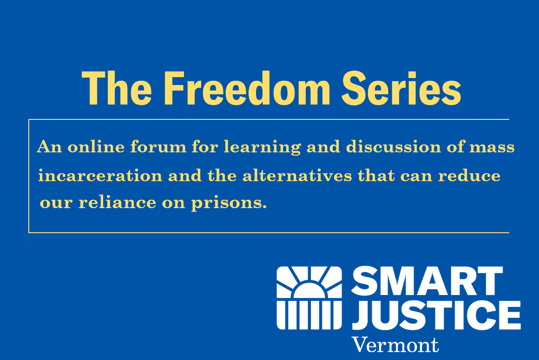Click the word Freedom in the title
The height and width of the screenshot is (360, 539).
(x=247, y=88)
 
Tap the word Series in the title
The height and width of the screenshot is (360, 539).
(x=401, y=88)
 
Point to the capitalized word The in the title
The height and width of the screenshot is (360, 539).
(x=117, y=88)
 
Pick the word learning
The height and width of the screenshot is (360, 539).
(x=263, y=148)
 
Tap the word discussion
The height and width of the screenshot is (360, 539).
(x=394, y=147)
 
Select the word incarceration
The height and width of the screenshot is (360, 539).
(x=100, y=176)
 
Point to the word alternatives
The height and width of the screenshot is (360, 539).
(x=297, y=176)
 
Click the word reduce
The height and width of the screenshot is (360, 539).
(x=469, y=176)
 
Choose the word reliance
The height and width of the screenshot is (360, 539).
(x=117, y=202)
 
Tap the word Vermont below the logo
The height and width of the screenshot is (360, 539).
(x=395, y=345)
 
